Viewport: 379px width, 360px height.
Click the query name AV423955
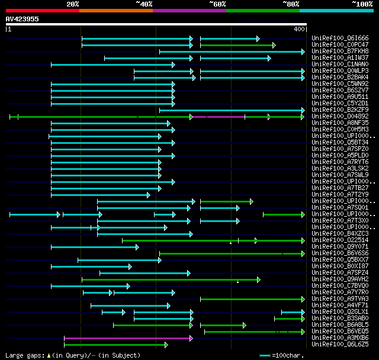click(x=22, y=19)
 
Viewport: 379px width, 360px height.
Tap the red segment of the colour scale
click(x=42, y=11)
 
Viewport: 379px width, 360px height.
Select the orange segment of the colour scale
click(x=115, y=11)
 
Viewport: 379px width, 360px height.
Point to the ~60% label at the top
click(x=217, y=4)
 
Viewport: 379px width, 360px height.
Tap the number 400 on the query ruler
click(x=298, y=29)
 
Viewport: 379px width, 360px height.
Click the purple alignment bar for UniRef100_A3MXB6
click(x=128, y=338)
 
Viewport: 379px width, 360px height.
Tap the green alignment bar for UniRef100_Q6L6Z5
click(x=115, y=345)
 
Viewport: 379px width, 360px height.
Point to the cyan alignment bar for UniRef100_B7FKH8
click(x=232, y=52)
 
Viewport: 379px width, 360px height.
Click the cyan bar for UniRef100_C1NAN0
click(x=113, y=65)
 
